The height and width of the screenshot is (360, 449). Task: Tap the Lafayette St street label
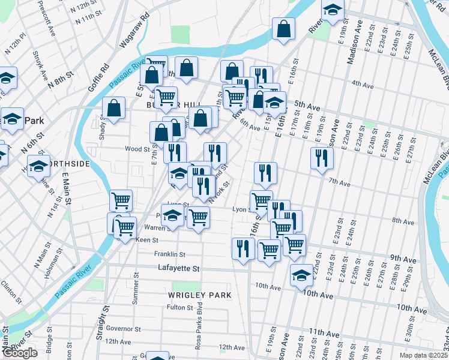178,269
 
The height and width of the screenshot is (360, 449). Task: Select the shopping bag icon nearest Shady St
113,108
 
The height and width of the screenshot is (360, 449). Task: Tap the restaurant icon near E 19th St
322,158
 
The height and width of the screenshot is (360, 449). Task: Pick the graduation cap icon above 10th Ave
301,275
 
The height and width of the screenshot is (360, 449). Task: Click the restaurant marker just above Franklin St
243,248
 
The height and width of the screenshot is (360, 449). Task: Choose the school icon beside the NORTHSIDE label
39,166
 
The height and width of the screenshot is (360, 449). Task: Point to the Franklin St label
170,254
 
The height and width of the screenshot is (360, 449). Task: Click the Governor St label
122,329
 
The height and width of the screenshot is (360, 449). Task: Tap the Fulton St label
180,308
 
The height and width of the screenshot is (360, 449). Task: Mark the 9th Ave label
403,258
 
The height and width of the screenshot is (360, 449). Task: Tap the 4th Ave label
363,83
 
